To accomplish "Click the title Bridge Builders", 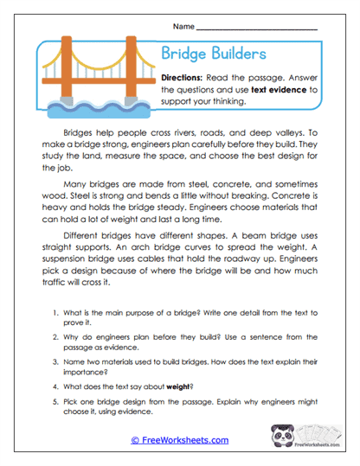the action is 214,54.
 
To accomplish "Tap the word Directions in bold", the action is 187,76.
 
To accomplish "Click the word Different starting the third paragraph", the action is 87,245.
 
